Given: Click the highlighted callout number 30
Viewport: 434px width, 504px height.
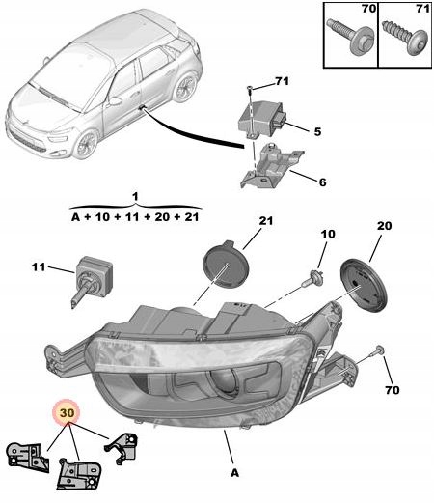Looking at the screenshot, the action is point(67,412).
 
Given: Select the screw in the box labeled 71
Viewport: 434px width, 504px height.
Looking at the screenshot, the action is point(405,38).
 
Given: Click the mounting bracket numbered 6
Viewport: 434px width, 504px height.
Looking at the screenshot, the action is point(271,166).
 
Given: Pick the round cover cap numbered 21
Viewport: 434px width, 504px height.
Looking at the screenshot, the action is point(226,265).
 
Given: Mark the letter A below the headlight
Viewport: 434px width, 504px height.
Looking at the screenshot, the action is point(235,473).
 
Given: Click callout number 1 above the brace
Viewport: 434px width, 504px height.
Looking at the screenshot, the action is point(135,196).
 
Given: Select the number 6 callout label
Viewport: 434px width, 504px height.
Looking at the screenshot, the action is point(322,182).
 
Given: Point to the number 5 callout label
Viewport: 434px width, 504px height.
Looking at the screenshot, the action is point(317,131).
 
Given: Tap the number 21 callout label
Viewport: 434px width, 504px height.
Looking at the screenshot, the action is point(266,221).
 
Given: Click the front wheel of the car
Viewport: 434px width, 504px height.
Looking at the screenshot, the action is point(86,145).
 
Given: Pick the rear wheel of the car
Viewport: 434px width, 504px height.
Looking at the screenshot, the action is point(185,88).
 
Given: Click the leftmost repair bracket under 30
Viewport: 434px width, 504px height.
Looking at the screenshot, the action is point(28,458).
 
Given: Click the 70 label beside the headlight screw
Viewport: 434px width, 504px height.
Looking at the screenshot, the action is point(393,390).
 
